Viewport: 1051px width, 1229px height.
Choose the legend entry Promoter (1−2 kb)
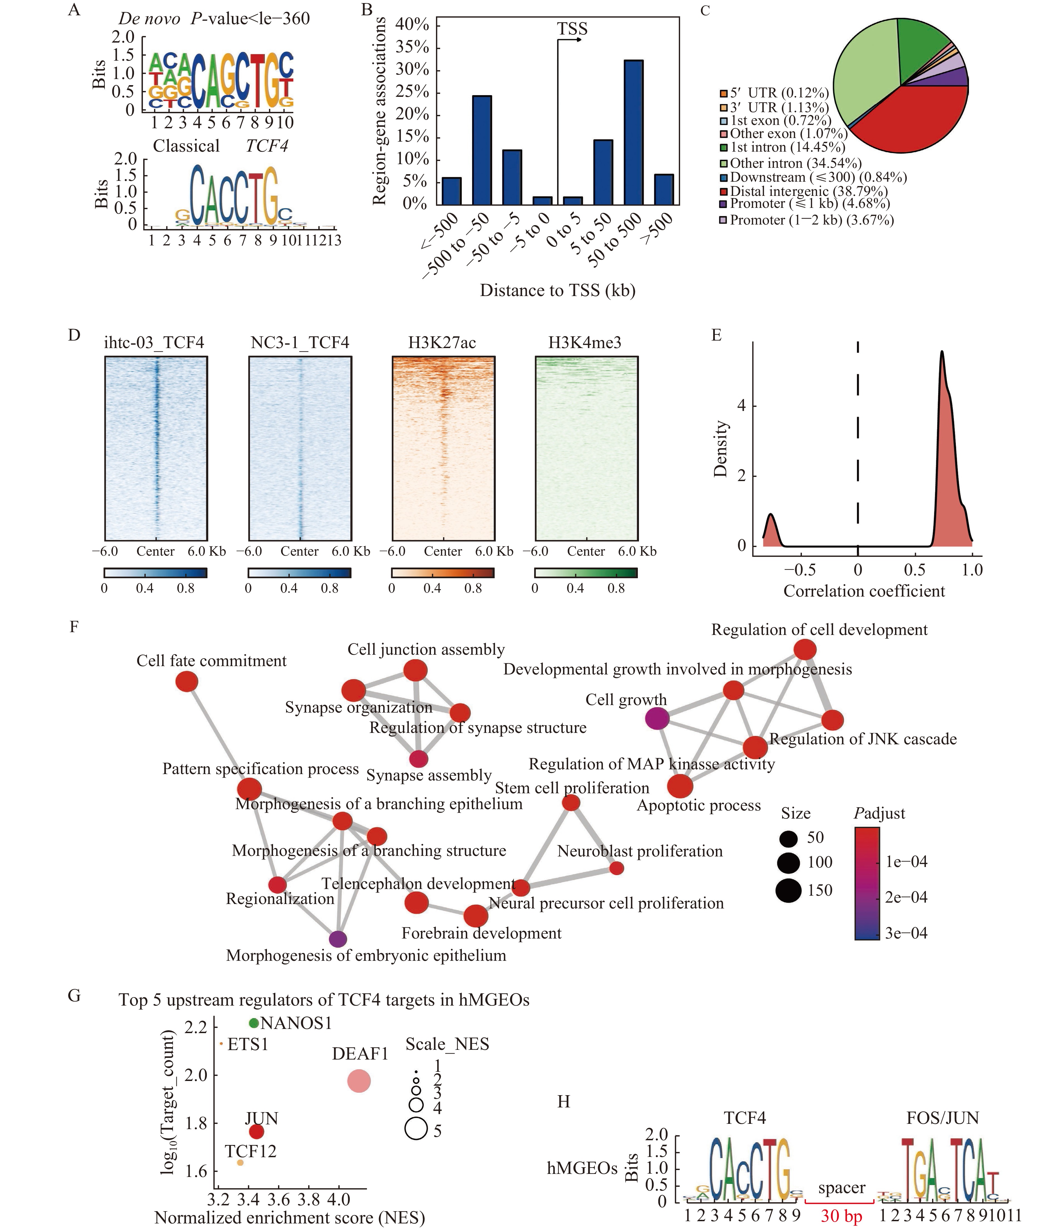coord(806,220)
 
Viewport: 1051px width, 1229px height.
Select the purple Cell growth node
coord(657,719)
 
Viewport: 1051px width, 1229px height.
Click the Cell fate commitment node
coord(187,681)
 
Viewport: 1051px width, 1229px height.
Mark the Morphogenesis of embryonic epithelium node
coord(337,939)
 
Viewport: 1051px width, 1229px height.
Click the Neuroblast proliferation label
coord(639,851)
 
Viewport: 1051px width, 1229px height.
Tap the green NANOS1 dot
coord(254,1023)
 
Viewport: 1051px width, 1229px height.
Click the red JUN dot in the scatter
coord(256,1132)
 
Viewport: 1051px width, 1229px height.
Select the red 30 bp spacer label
coord(841,1216)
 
